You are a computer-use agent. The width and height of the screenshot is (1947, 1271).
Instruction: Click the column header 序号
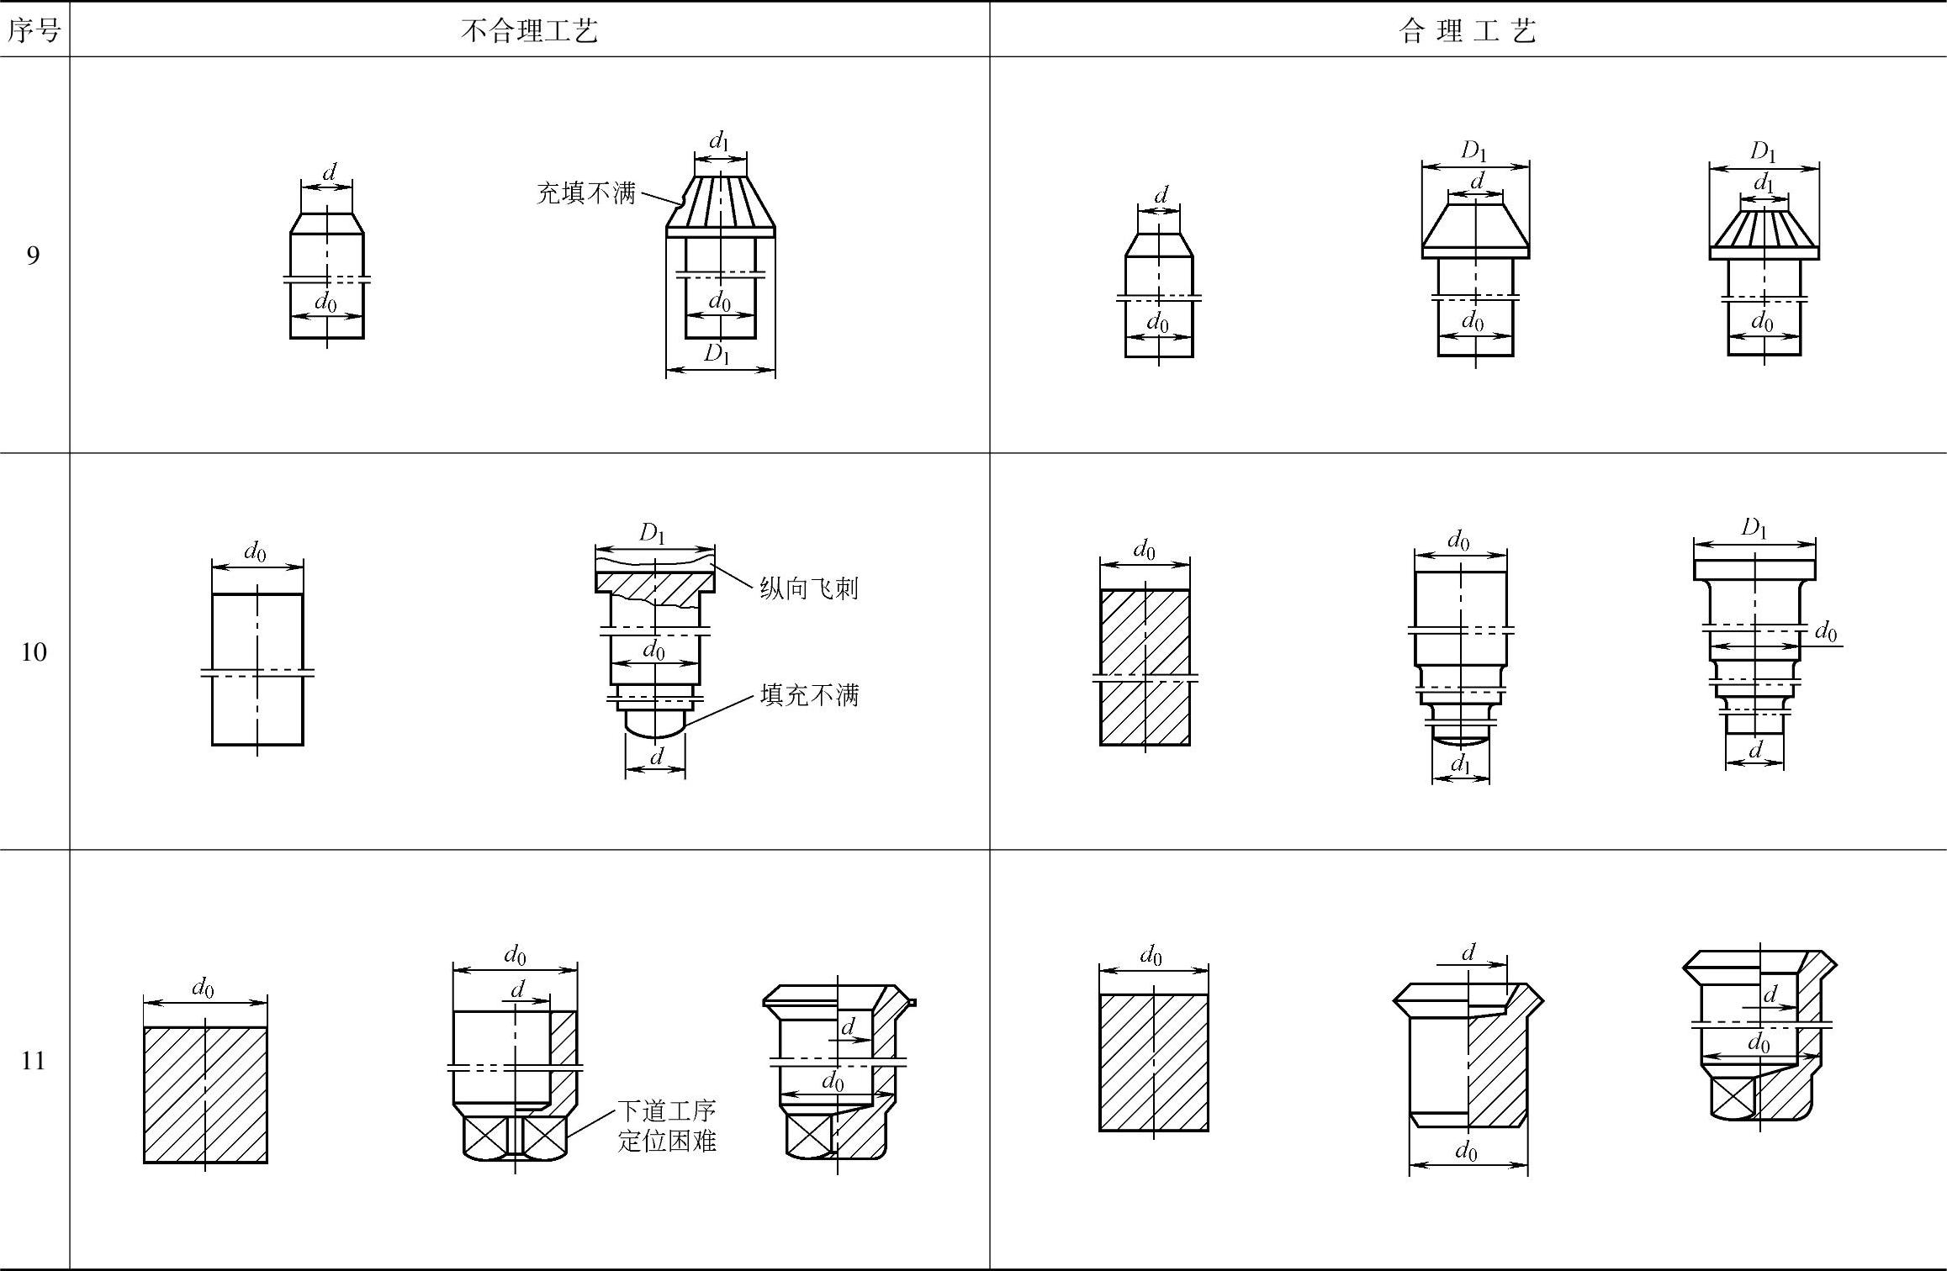34,31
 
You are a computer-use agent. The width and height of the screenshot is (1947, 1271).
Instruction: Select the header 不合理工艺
529,31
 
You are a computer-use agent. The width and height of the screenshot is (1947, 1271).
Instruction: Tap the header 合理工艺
1468,31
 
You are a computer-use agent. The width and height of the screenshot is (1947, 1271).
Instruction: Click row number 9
33,255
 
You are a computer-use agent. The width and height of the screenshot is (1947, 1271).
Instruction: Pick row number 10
33,651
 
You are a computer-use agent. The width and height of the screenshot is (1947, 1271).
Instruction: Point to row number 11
33,1061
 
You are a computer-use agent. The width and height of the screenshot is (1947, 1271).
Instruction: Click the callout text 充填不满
585,193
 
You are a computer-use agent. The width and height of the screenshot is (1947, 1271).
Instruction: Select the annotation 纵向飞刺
808,588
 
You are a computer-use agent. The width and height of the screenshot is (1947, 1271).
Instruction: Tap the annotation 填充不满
809,695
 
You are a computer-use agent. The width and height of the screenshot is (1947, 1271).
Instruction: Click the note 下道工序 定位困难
667,1126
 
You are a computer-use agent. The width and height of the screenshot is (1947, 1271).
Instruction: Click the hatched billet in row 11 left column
205,1094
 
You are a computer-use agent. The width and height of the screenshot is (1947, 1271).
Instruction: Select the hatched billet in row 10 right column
1145,667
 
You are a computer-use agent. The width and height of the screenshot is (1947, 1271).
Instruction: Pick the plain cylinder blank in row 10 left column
257,668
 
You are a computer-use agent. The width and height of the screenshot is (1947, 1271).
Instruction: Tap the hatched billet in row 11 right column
1153,1063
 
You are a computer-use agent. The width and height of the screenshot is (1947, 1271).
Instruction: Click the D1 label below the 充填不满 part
717,354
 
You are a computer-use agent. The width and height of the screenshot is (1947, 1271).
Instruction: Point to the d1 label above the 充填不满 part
719,140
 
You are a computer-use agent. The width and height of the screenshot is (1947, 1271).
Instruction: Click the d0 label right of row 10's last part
1826,630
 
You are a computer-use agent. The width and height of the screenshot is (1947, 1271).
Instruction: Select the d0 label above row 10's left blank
255,551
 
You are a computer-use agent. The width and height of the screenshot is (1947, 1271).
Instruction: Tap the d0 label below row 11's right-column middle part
1466,1151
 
